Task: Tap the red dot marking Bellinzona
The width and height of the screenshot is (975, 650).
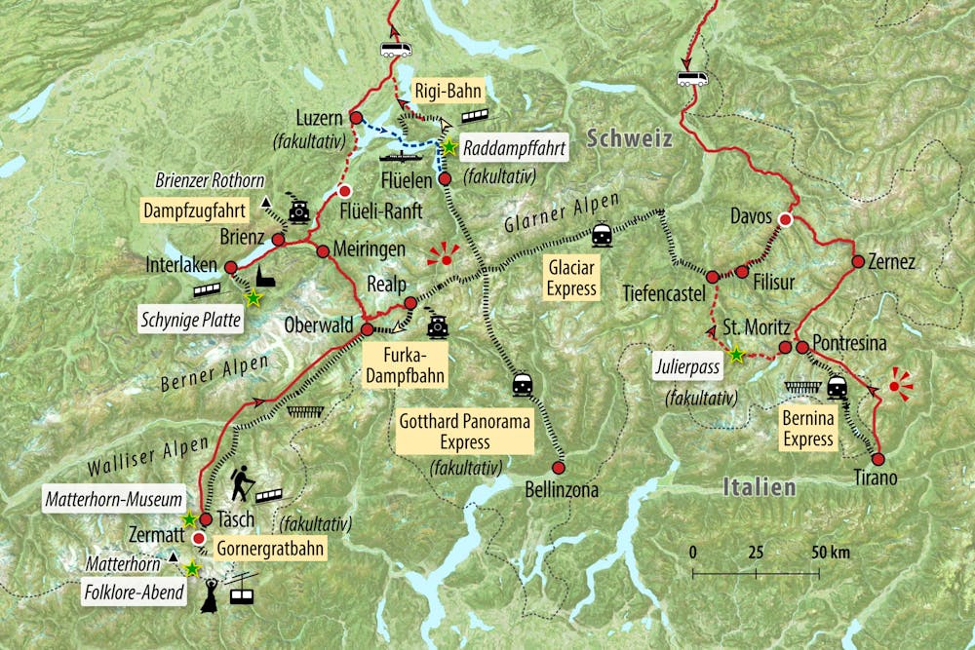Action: pyautogui.click(x=561, y=466)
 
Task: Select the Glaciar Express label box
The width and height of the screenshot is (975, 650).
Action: pyautogui.click(x=570, y=276)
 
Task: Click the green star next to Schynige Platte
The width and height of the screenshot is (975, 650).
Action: pyautogui.click(x=253, y=298)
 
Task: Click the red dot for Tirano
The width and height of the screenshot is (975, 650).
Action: pyautogui.click(x=877, y=459)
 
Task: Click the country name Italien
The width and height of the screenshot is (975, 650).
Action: pyautogui.click(x=759, y=486)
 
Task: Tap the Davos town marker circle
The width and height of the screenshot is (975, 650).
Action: pyautogui.click(x=785, y=220)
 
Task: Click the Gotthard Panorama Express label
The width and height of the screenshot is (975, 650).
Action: pyautogui.click(x=465, y=432)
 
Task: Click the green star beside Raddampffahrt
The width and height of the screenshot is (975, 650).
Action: pyautogui.click(x=449, y=147)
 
